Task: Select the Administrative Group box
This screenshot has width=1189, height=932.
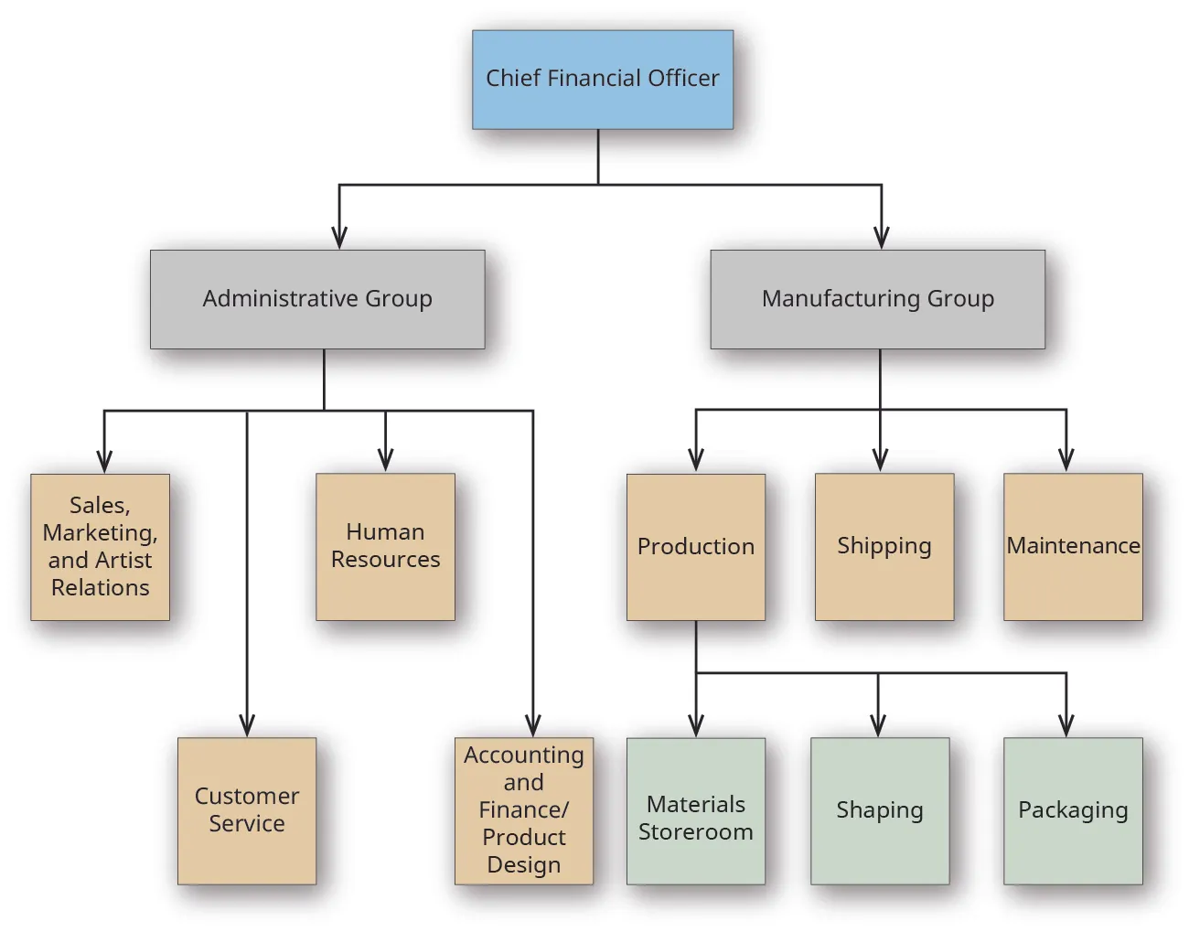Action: [317, 299]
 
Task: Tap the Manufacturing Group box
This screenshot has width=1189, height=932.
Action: [877, 299]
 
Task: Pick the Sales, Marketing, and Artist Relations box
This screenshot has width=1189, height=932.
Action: [100, 546]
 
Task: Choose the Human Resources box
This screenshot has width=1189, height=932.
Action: [385, 546]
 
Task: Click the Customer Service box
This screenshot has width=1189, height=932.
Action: [247, 810]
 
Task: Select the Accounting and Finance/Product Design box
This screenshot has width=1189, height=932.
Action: [523, 810]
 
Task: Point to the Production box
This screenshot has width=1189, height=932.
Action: [695, 546]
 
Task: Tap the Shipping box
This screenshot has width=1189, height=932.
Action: [884, 546]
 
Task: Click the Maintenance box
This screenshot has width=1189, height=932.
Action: [1073, 546]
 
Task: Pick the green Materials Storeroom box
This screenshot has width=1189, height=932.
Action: [695, 810]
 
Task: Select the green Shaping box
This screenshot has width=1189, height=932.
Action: [879, 810]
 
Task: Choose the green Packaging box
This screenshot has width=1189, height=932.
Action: [1073, 810]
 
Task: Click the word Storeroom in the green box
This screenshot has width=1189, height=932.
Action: [695, 832]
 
